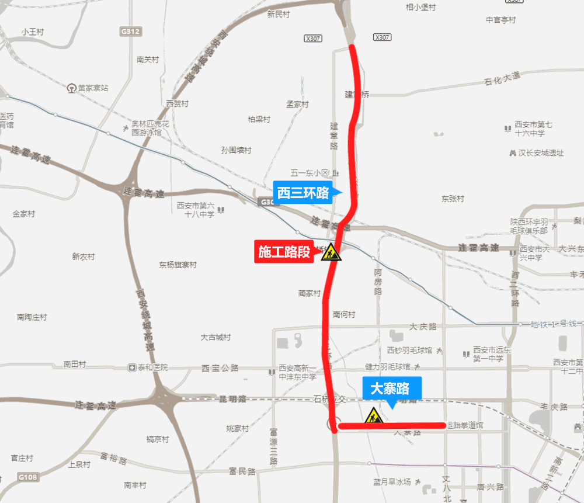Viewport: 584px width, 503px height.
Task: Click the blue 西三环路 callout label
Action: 303,192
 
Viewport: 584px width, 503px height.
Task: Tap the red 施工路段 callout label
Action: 284,252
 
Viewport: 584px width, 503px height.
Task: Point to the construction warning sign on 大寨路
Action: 373,416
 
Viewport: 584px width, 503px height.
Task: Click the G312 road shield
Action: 130,32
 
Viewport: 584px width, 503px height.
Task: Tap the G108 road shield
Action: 27,477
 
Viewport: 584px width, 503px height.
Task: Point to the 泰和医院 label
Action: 149,367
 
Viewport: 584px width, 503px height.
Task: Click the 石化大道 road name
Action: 502,77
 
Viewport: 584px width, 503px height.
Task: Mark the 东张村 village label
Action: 453,199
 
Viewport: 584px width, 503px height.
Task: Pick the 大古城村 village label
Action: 215,337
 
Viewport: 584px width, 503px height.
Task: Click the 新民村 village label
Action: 278,14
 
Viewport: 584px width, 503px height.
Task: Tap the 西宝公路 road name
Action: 220,368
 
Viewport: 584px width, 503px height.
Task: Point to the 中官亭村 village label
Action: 501,20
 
